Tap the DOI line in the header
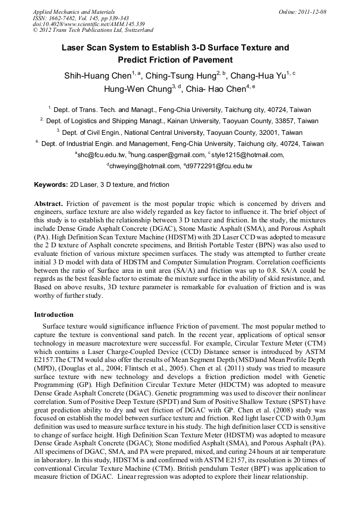(89, 24)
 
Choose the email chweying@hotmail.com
(145, 166)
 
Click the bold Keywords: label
(51, 185)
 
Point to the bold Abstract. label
(49, 204)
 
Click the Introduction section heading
(54, 315)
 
